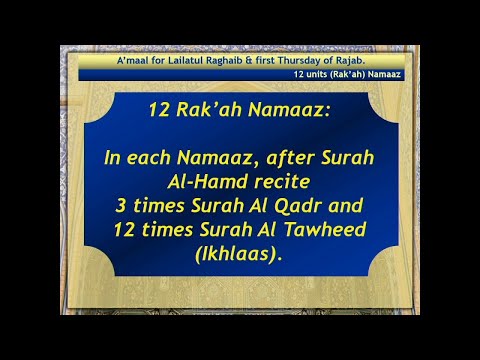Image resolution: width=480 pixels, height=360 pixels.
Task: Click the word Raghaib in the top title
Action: [x=217, y=62]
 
